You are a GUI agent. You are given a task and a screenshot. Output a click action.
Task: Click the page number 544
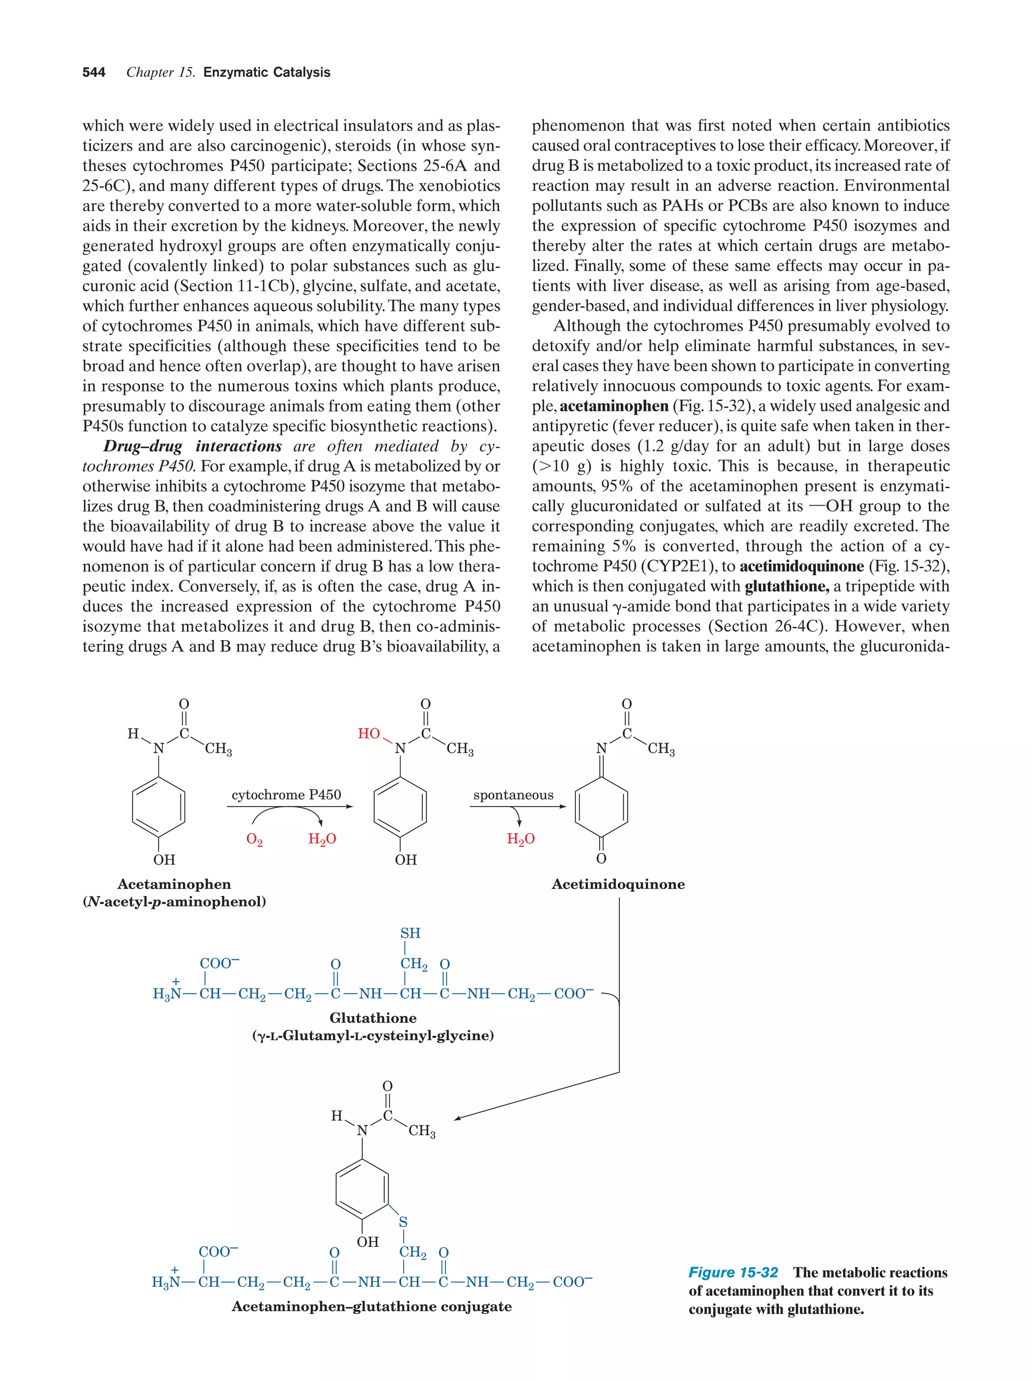coord(94,73)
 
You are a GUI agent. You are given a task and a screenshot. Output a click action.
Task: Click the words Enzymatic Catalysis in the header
coord(267,73)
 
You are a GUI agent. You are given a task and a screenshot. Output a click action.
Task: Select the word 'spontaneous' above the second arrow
coord(513,795)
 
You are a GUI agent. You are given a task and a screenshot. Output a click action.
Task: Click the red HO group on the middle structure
coord(368,734)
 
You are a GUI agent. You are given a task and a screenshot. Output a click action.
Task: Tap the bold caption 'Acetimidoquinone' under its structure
coord(618,884)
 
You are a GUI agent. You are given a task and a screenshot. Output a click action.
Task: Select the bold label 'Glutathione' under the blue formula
coord(373,1018)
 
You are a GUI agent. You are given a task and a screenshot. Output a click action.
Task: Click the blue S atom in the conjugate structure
coord(403,1222)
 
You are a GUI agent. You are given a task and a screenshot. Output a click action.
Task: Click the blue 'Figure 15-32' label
coord(733,1272)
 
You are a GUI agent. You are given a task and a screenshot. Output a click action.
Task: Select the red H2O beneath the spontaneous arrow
coord(521,839)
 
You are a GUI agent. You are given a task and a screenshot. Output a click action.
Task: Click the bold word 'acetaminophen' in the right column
coord(614,407)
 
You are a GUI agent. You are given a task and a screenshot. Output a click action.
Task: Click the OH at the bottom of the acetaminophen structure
coord(164,860)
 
